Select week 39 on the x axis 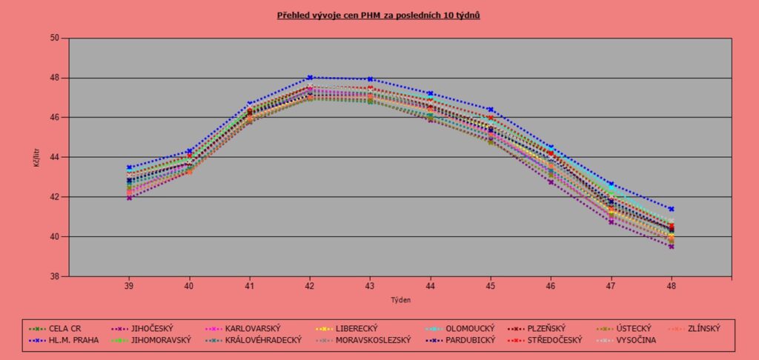tap(129, 285)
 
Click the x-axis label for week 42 tap(310, 285)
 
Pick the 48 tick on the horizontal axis tap(672, 285)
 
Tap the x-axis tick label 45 tap(491, 285)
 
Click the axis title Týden tap(400, 300)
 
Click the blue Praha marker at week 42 tap(310, 77)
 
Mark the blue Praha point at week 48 tap(672, 209)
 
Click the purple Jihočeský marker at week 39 tap(129, 198)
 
